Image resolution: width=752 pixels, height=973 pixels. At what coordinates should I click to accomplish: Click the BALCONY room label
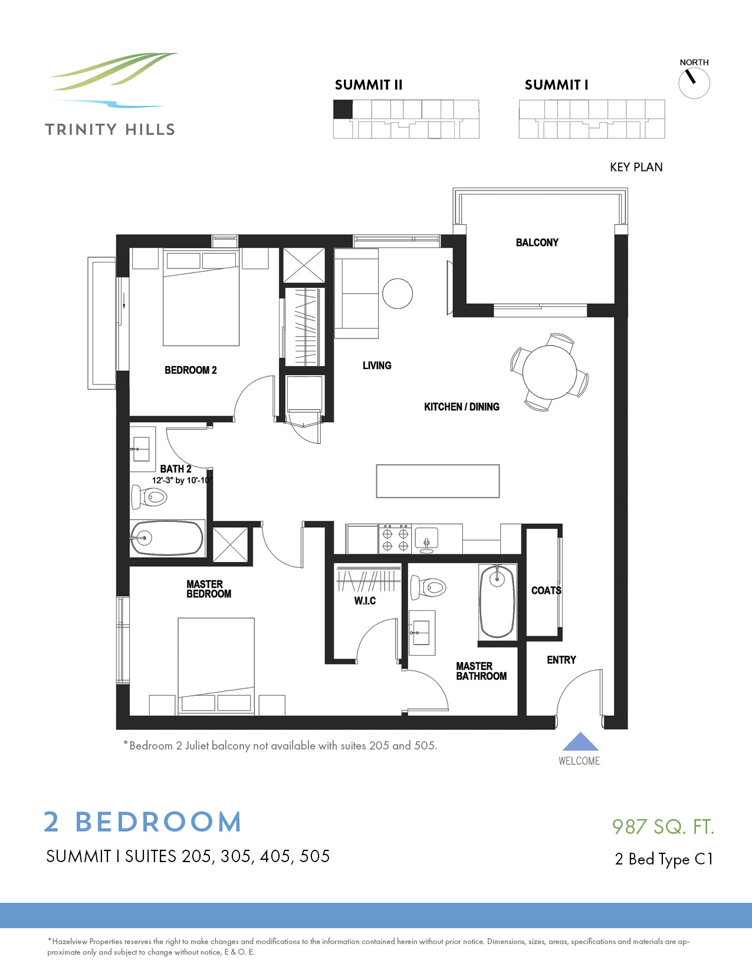click(537, 242)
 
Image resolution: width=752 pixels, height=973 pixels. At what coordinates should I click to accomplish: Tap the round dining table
click(549, 372)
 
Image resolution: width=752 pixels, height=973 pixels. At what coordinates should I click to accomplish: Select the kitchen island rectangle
click(438, 481)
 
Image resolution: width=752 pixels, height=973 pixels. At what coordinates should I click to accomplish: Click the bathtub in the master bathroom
click(497, 601)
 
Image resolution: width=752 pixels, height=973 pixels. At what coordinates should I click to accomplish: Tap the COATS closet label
click(546, 590)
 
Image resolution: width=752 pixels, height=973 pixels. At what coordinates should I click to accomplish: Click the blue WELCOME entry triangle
click(580, 742)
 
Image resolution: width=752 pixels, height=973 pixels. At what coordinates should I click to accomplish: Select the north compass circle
click(694, 83)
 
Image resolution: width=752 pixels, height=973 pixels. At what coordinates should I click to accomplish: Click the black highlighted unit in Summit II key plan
click(343, 109)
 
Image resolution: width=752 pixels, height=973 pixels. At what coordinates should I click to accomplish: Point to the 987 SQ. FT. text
click(663, 827)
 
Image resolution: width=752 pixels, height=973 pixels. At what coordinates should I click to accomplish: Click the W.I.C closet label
click(364, 600)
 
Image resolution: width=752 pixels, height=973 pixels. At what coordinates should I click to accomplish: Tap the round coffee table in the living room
click(398, 293)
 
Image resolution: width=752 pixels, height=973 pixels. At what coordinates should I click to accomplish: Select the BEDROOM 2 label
click(191, 370)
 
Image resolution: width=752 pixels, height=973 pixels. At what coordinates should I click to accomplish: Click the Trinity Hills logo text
click(110, 130)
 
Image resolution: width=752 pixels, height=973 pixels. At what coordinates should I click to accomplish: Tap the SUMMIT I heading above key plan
click(556, 85)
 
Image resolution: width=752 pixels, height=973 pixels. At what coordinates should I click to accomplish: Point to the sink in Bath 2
click(141, 450)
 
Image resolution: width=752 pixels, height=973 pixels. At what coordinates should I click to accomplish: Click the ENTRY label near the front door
click(561, 660)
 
